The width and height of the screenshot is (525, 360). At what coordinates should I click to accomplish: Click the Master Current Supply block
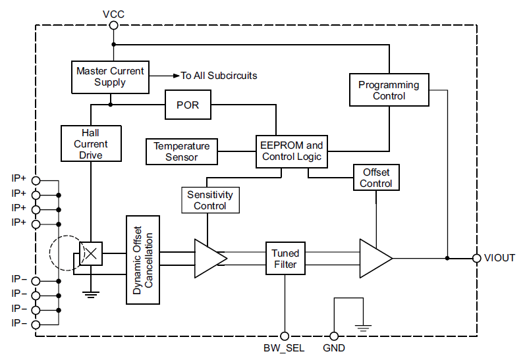109,76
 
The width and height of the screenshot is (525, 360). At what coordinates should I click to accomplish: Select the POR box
188,105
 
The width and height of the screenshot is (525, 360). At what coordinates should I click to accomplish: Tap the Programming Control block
389,90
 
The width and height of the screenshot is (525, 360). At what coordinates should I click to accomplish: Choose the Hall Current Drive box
91,143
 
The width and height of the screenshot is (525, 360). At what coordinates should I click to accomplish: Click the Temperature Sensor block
181,151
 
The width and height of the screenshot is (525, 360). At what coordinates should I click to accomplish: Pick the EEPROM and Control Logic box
291,151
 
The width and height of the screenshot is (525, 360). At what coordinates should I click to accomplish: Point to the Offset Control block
376,178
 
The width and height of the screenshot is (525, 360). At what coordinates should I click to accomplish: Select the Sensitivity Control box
209,200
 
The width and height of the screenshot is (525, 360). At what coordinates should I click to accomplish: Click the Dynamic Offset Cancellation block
143,259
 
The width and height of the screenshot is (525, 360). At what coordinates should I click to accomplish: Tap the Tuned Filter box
285,259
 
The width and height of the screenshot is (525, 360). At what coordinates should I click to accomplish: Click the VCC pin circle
113,25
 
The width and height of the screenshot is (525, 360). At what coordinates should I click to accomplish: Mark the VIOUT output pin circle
476,258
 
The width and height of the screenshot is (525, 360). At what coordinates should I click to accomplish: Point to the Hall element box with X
90,253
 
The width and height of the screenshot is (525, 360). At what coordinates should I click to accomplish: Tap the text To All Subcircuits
219,76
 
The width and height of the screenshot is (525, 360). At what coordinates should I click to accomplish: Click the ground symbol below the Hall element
90,294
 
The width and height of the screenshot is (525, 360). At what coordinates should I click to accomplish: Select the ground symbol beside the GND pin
363,326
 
